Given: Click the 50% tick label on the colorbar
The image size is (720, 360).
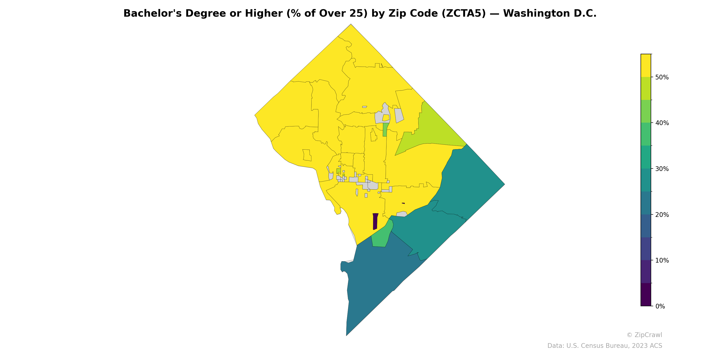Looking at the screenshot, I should click(x=662, y=77).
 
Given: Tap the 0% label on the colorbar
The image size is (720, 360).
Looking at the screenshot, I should click(x=660, y=306).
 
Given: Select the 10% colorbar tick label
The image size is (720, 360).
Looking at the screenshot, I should click(x=662, y=261).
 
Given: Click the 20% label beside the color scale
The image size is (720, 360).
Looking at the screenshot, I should click(x=662, y=215).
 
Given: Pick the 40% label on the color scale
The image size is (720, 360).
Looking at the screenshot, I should click(x=662, y=123).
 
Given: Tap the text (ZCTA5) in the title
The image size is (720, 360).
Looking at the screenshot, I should click(x=464, y=13).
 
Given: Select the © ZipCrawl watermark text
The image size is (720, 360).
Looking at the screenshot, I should click(x=644, y=335).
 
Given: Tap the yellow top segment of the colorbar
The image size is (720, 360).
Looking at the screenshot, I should click(x=646, y=65).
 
